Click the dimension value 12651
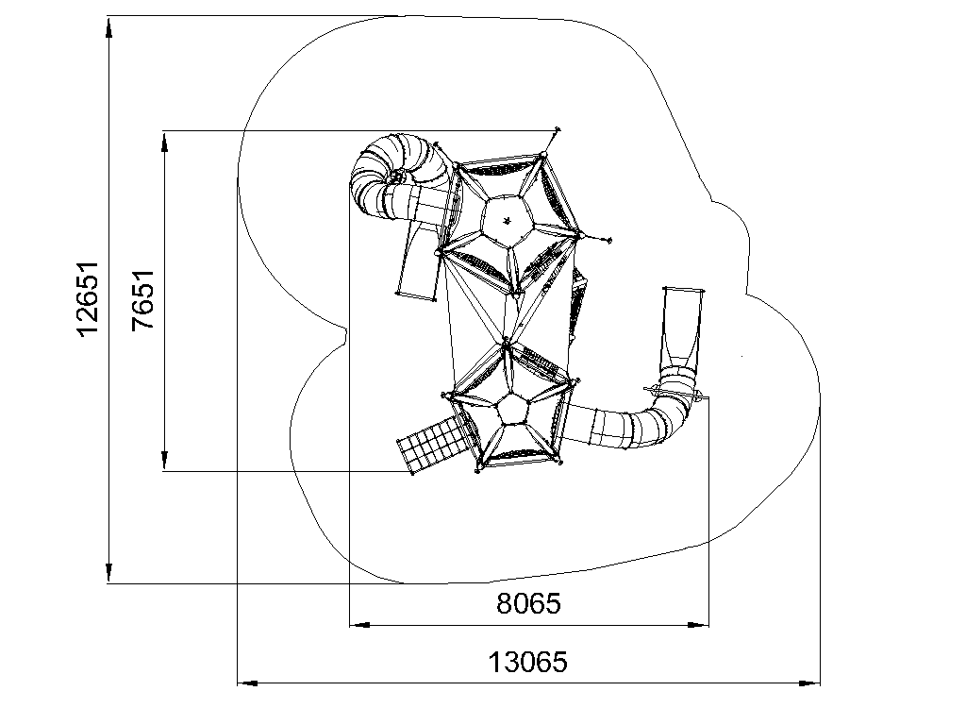(x=88, y=298)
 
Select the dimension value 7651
(x=143, y=300)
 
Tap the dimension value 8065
(x=528, y=603)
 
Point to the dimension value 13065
(x=528, y=663)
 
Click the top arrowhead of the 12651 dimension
(x=109, y=27)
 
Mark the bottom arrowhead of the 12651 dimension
(x=109, y=573)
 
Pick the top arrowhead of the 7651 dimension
(x=164, y=142)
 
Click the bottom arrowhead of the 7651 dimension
(x=164, y=461)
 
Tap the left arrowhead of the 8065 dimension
(x=359, y=625)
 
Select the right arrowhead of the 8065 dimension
(x=698, y=625)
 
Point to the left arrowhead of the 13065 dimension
(x=248, y=683)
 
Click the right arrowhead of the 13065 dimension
(x=809, y=683)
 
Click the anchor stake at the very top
(x=558, y=129)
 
